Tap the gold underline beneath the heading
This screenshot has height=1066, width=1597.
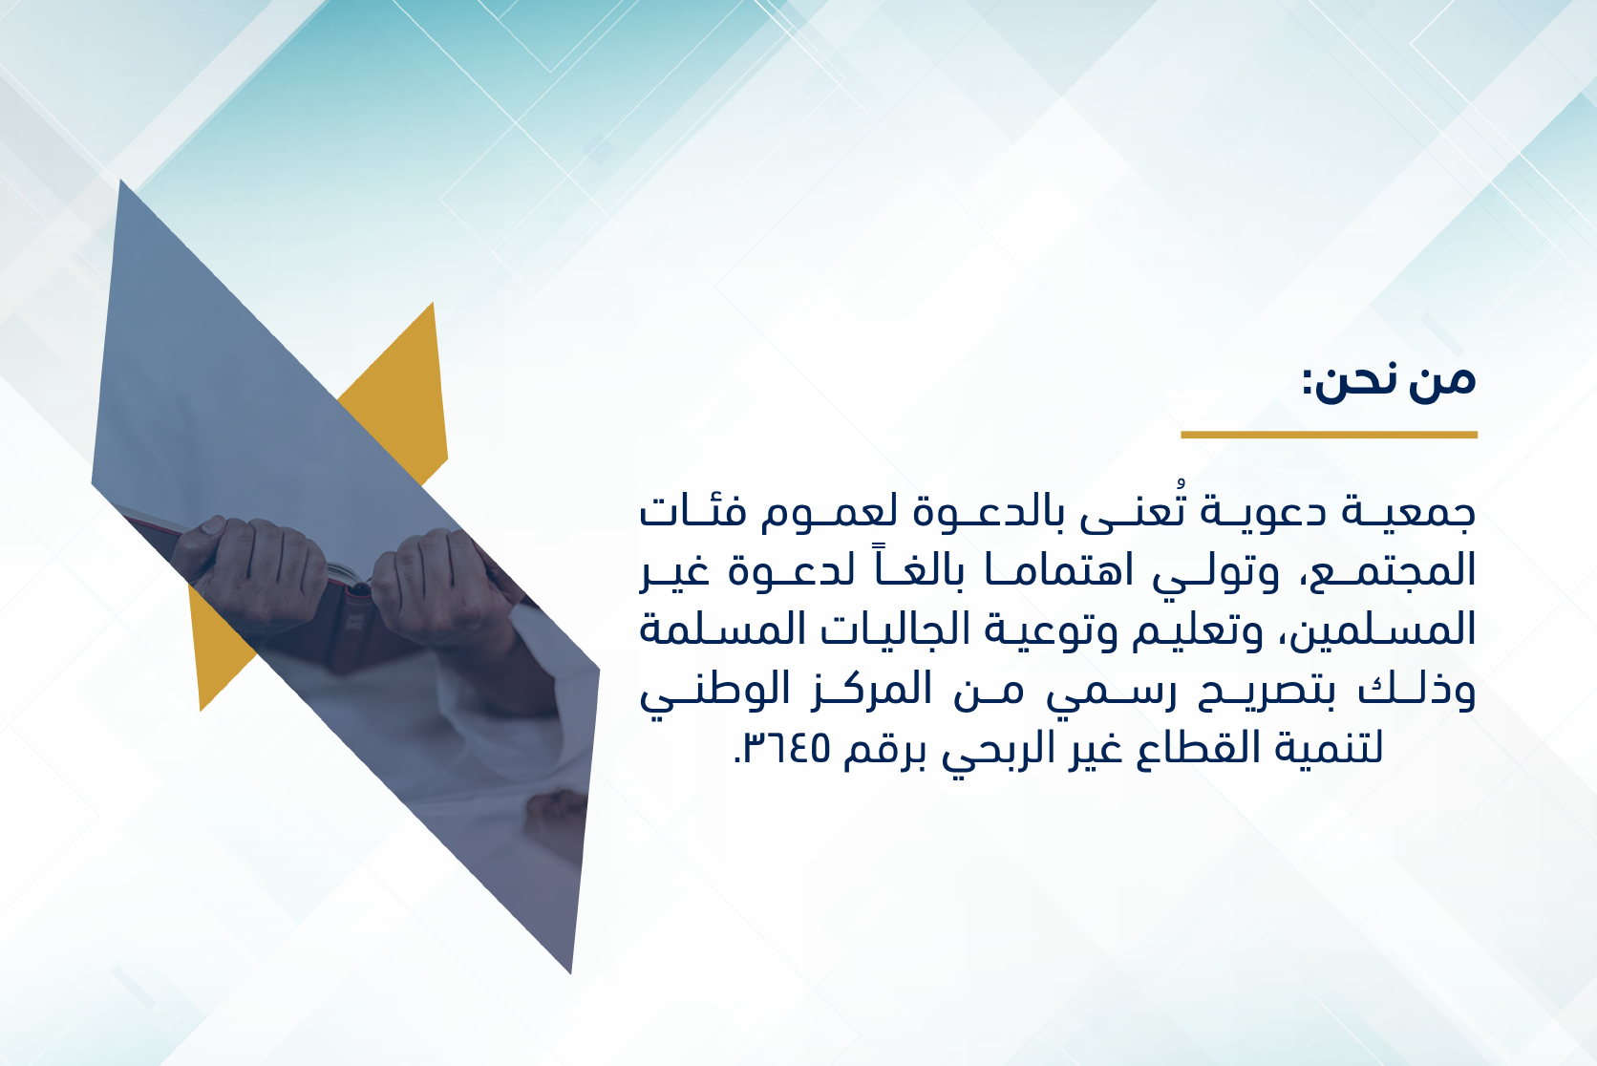(x=1329, y=435)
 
